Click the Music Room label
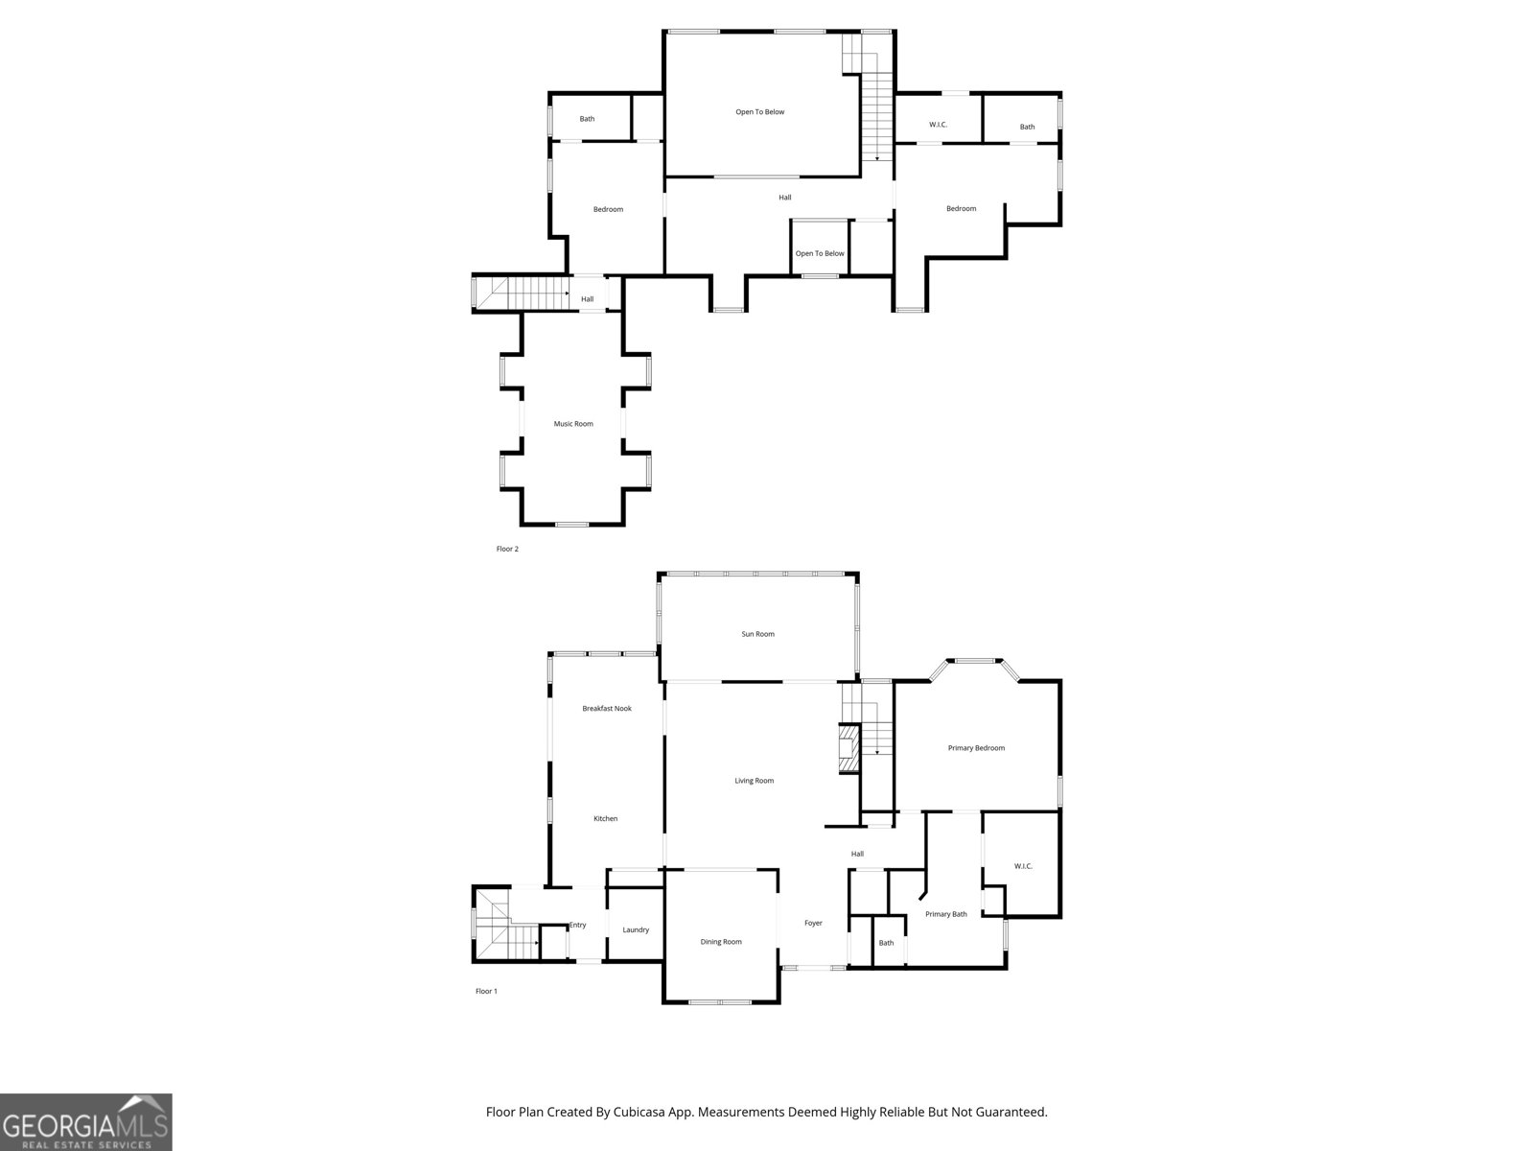click(x=573, y=424)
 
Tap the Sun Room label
click(x=757, y=634)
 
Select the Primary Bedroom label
click(x=976, y=748)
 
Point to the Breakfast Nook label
click(x=607, y=709)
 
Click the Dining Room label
click(x=720, y=942)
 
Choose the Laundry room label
click(x=636, y=929)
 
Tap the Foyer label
click(x=813, y=924)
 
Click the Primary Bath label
click(x=945, y=914)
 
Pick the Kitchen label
click(x=605, y=818)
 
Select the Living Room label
click(x=754, y=781)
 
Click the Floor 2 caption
click(x=507, y=550)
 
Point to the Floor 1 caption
click(x=486, y=991)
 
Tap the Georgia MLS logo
click(x=86, y=1121)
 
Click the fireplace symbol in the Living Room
click(x=848, y=748)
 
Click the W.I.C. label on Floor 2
click(x=938, y=125)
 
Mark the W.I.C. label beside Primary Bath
click(x=1023, y=866)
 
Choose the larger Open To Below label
click(x=759, y=112)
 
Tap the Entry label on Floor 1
click(x=577, y=925)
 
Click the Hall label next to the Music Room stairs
click(x=587, y=299)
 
